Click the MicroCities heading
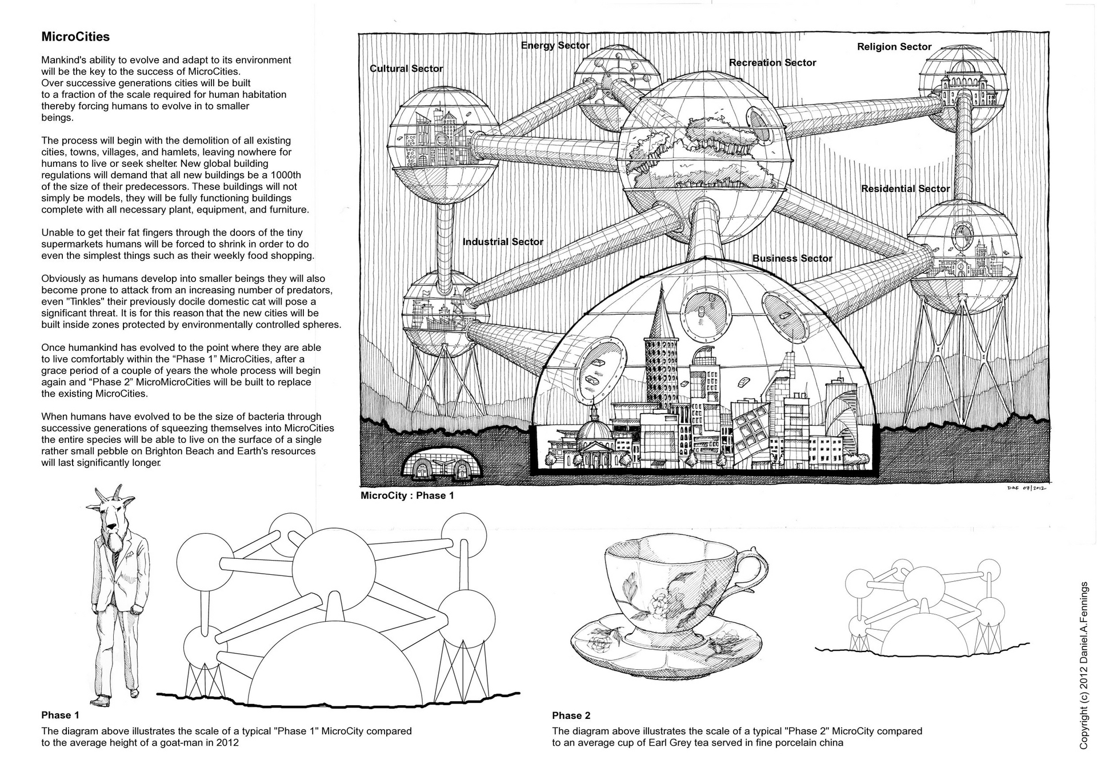click(75, 37)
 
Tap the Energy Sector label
click(555, 46)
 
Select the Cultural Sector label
click(406, 69)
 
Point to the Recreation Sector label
click(772, 63)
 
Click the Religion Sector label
click(894, 47)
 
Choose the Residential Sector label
click(906, 189)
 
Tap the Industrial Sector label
click(503, 242)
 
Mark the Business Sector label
click(792, 258)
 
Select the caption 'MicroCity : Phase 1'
click(407, 495)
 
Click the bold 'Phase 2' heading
click(571, 715)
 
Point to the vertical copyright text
click(1084, 669)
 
